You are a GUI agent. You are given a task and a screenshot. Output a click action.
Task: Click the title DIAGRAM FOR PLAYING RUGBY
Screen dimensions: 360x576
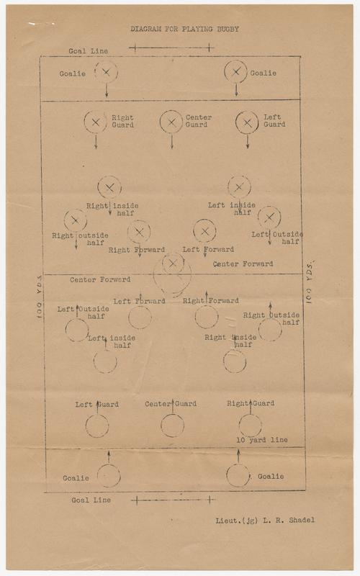click(185, 29)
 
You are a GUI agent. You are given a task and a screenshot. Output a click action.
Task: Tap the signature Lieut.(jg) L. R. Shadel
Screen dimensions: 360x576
click(265, 520)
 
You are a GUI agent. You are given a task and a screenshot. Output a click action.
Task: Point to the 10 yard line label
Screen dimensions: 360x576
click(262, 440)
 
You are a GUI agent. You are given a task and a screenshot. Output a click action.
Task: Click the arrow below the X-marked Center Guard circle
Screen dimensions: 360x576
click(171, 142)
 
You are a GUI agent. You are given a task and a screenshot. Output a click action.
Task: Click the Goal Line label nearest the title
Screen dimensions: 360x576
click(88, 51)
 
